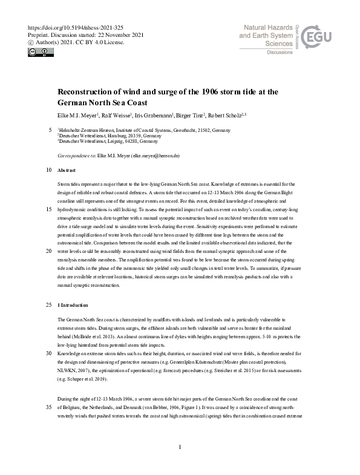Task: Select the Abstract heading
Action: click(67, 171)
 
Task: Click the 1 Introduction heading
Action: click(73, 305)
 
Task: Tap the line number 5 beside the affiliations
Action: click(50, 130)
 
